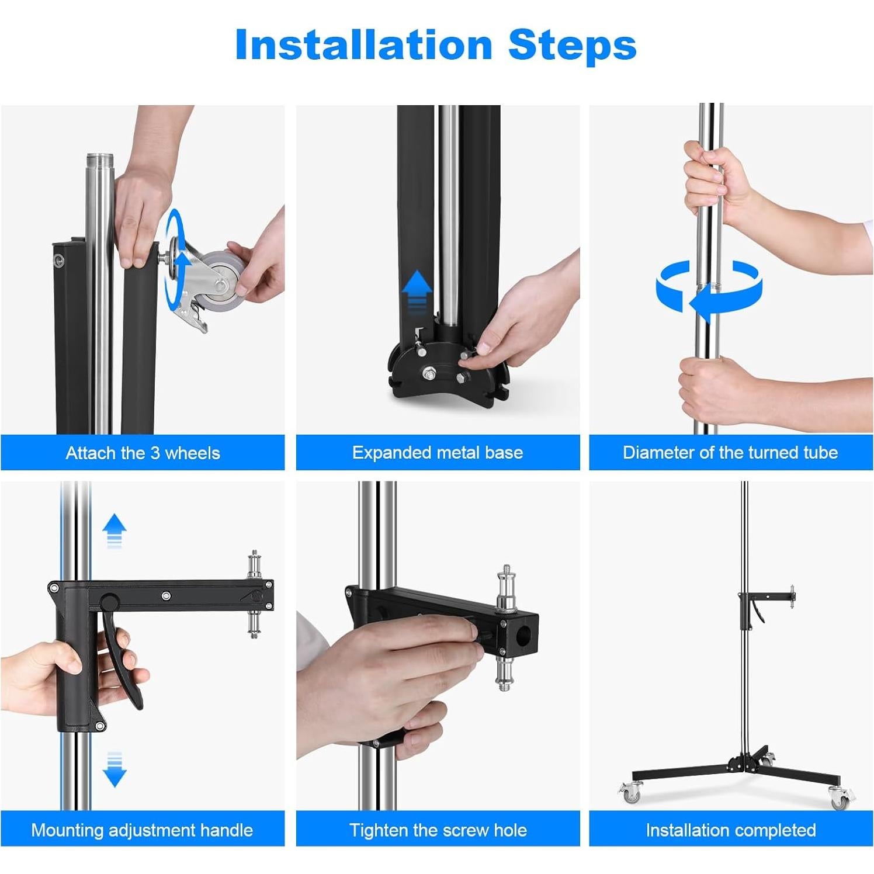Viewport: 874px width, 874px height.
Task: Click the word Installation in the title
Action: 363,45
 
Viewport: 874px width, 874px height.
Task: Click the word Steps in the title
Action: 572,45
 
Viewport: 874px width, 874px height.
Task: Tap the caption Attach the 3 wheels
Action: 143,453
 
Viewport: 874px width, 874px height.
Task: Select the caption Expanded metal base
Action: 438,452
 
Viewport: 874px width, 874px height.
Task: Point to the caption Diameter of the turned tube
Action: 730,452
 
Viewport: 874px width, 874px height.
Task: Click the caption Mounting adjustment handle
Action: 142,830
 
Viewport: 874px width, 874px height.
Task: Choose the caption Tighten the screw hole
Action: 438,830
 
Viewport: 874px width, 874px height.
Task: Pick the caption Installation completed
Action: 731,830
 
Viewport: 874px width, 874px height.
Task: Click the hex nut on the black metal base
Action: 429,372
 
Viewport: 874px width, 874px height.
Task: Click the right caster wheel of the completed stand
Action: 839,798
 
